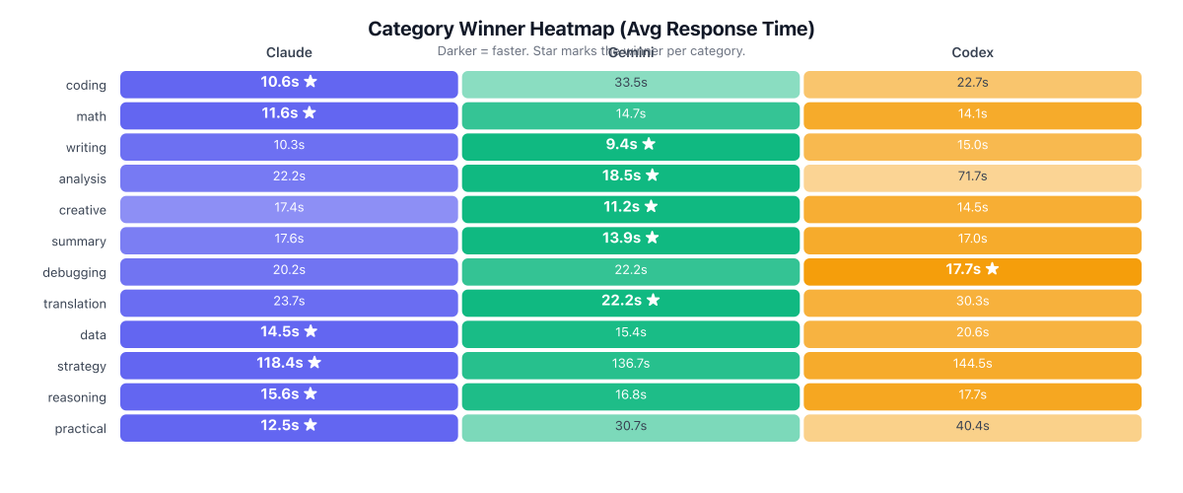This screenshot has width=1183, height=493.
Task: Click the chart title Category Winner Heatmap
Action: (591, 29)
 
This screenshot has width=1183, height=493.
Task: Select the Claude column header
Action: (289, 52)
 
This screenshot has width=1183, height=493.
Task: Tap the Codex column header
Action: (972, 52)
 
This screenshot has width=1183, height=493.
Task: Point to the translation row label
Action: (75, 304)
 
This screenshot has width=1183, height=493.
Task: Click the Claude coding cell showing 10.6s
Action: (289, 83)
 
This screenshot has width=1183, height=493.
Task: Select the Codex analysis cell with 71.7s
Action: (972, 177)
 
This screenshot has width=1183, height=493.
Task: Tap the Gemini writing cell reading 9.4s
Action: (630, 146)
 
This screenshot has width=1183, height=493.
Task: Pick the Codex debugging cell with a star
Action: (972, 271)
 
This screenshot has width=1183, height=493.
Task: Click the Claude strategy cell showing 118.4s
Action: (289, 365)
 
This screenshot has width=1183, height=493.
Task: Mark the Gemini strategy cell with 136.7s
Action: (630, 365)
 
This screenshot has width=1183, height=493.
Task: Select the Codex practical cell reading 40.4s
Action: (972, 428)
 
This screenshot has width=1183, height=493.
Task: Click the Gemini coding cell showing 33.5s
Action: (630, 83)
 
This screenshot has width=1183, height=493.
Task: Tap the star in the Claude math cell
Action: (310, 113)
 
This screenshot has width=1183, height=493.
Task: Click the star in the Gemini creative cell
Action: (651, 208)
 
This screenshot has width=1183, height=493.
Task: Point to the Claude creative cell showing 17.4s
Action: (289, 209)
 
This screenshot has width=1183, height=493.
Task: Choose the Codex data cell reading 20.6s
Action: (972, 334)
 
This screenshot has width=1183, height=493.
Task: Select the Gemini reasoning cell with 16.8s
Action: (630, 396)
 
